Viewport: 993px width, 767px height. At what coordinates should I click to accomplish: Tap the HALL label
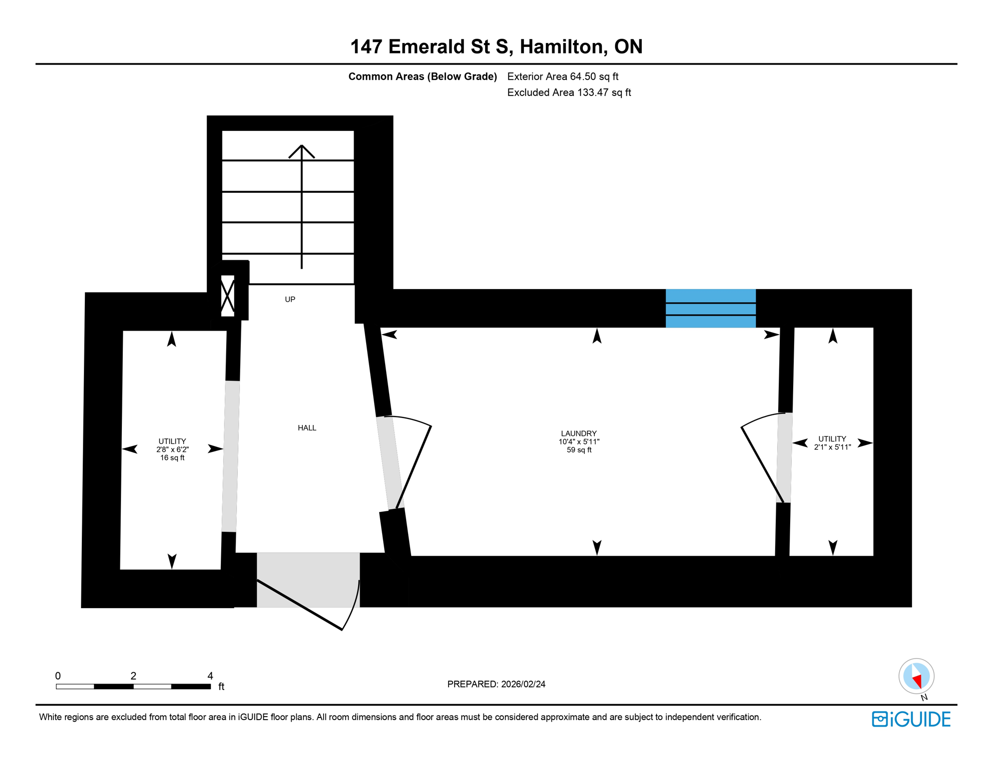tap(307, 428)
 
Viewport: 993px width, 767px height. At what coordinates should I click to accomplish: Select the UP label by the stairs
tap(290, 300)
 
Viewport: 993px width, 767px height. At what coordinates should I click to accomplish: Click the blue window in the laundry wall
tap(710, 308)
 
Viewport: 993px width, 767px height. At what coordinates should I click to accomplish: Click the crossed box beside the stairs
tap(228, 296)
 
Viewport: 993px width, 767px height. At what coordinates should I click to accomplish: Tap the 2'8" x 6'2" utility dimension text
tap(172, 449)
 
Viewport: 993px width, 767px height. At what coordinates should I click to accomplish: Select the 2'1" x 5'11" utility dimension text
tap(832, 447)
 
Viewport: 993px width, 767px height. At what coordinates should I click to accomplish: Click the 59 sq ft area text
tap(579, 450)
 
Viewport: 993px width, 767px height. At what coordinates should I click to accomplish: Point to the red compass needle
tap(917, 681)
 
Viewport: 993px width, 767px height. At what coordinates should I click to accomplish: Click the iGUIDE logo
tap(911, 719)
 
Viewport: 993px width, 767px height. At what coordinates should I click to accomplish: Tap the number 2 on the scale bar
tap(133, 676)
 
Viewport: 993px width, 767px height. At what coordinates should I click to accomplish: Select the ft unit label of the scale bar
tap(221, 687)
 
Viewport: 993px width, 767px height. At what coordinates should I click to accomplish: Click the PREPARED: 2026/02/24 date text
tap(496, 684)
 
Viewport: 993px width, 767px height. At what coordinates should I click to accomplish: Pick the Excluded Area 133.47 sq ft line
tap(569, 92)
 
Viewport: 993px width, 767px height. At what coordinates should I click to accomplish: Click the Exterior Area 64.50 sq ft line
tap(562, 76)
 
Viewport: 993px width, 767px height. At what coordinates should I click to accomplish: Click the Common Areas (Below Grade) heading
tap(423, 76)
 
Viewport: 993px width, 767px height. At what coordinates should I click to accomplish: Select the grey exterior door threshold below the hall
tap(308, 579)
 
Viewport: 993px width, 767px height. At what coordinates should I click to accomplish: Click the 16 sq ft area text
tap(172, 458)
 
